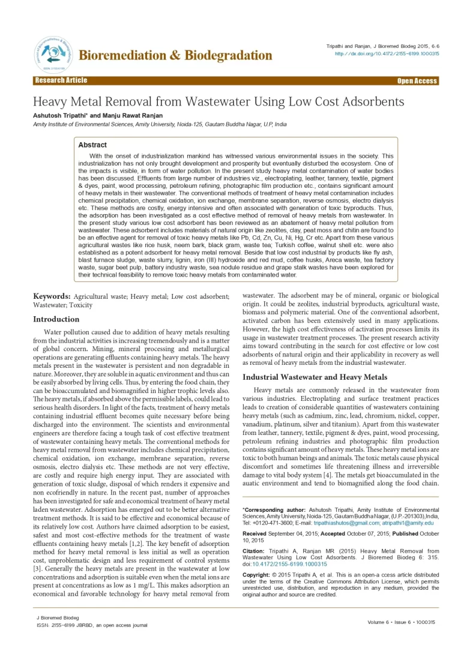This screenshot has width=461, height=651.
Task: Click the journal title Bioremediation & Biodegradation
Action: pyautogui.click(x=176, y=56)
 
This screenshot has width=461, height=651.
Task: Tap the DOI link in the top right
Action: pyautogui.click(x=387, y=53)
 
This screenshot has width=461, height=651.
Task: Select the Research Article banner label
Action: pyautogui.click(x=61, y=80)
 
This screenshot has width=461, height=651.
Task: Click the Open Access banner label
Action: pyautogui.click(x=417, y=81)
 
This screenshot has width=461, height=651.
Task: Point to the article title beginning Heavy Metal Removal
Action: pyautogui.click(x=218, y=101)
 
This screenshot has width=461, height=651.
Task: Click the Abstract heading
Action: pyautogui.click(x=92, y=145)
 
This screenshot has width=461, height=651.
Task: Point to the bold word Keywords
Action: pyautogui.click(x=51, y=296)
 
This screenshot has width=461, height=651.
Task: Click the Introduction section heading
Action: pyautogui.click(x=56, y=319)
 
